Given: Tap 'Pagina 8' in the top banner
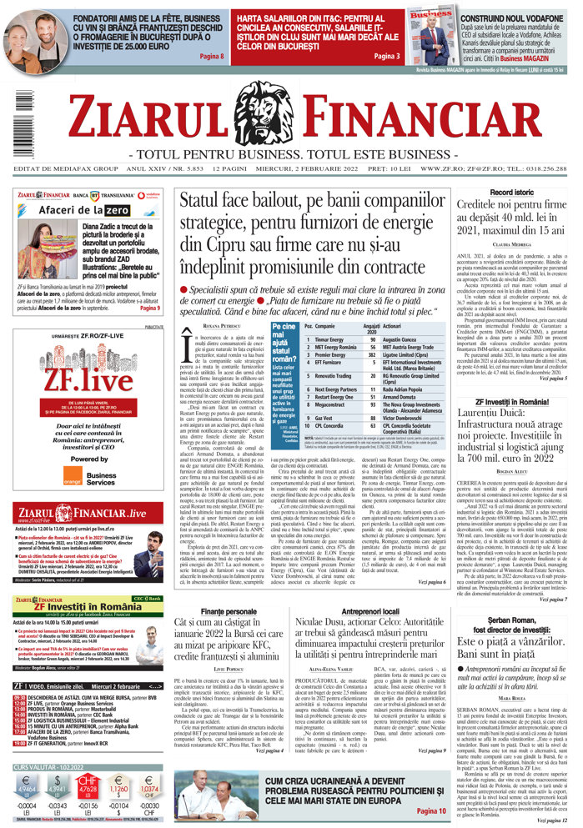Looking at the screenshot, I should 213,56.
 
